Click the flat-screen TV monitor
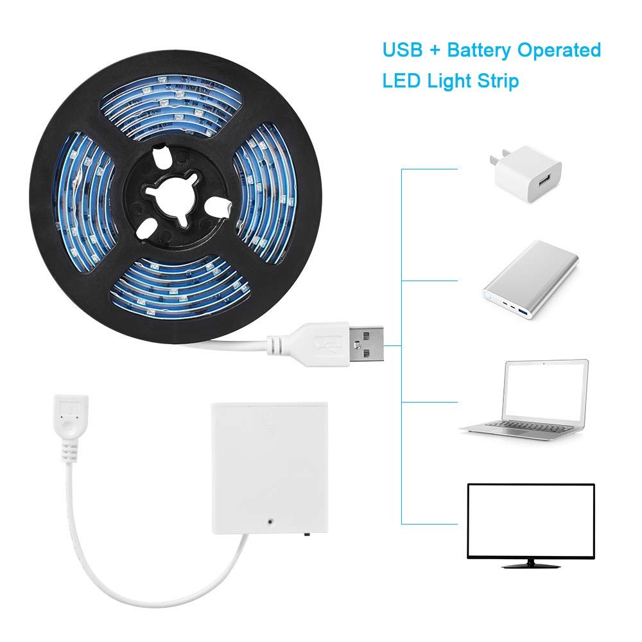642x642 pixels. coord(530,520)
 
